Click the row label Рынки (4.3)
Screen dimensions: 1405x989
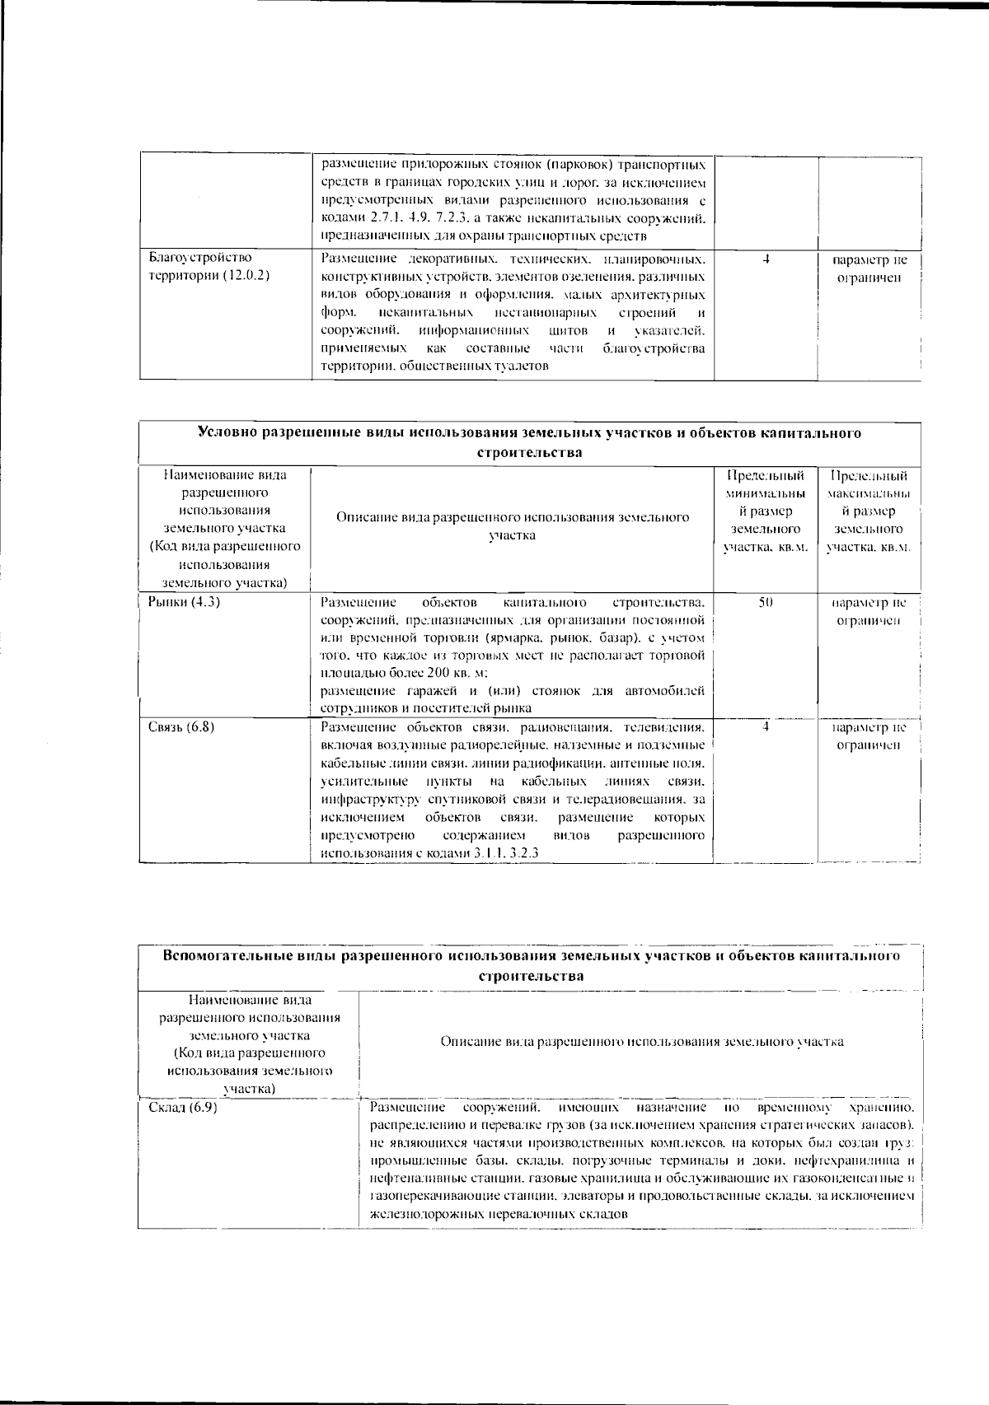click(184, 602)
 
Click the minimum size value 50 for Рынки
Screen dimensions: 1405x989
click(765, 602)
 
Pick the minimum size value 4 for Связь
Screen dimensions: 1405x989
click(766, 726)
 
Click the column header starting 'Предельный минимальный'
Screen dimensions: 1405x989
click(765, 511)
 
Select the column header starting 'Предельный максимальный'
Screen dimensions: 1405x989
click(869, 511)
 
